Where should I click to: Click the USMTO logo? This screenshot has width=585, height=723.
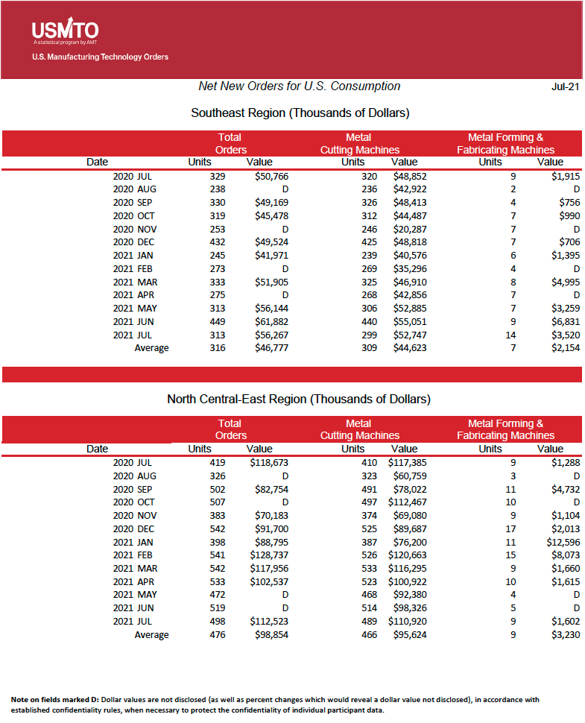pyautogui.click(x=65, y=31)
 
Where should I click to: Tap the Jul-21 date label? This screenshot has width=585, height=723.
pyautogui.click(x=564, y=86)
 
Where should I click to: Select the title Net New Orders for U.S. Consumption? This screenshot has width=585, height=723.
pyautogui.click(x=299, y=86)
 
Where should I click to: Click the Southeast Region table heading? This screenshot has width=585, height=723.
pyautogui.click(x=300, y=113)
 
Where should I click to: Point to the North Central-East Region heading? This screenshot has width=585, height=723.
pyautogui.click(x=298, y=400)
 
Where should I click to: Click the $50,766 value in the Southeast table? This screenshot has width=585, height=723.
pyautogui.click(x=271, y=177)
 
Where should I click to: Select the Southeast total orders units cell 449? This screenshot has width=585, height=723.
pyautogui.click(x=217, y=321)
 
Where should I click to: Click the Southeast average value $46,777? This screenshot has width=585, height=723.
pyautogui.click(x=271, y=348)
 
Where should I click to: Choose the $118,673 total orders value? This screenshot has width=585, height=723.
pyautogui.click(x=268, y=463)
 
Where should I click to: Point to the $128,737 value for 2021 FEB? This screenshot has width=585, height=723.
pyautogui.click(x=268, y=555)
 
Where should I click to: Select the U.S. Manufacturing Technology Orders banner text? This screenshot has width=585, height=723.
pyautogui.click(x=100, y=57)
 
